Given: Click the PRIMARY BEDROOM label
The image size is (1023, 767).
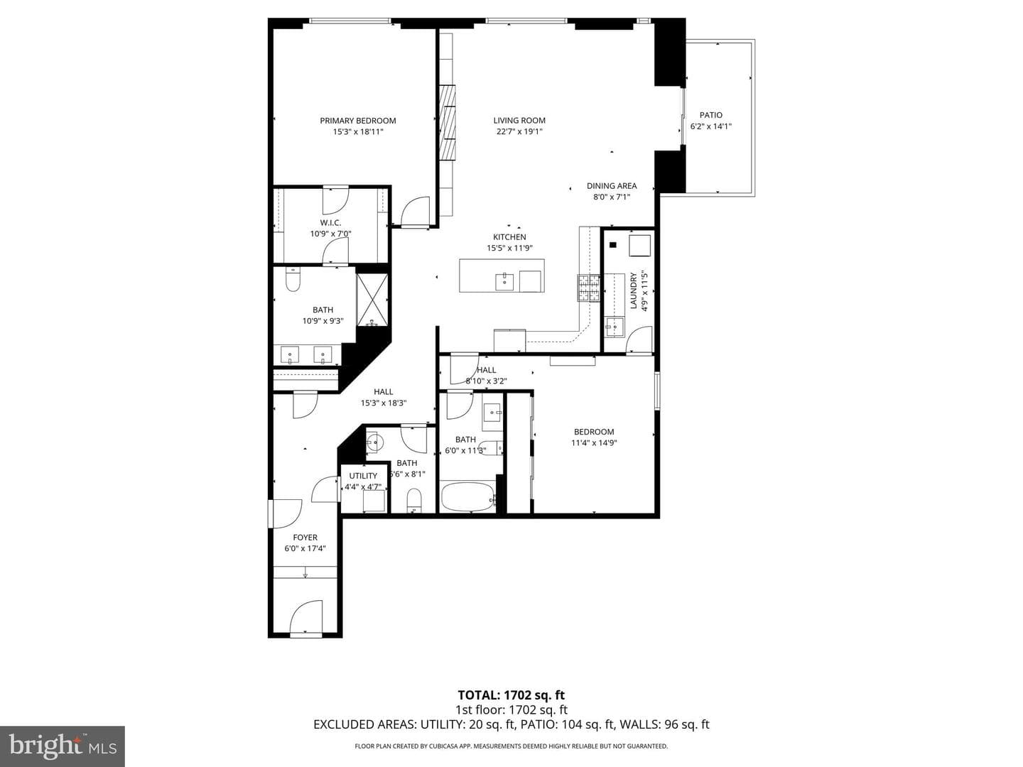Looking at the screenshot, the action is [x=357, y=121].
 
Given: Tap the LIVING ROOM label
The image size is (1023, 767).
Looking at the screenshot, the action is [x=519, y=120].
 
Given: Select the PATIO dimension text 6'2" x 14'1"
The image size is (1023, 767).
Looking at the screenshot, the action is [x=710, y=126].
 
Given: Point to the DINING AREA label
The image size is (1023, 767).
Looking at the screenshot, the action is [x=612, y=186].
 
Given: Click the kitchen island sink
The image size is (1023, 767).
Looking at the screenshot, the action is [x=504, y=281].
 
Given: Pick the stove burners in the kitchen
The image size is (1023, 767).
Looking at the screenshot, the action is [x=589, y=288].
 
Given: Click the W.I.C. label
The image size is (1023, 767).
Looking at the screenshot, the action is [x=330, y=222].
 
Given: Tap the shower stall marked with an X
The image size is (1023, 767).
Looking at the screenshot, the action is [x=372, y=300].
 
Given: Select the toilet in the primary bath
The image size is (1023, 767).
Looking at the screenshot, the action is [x=293, y=278].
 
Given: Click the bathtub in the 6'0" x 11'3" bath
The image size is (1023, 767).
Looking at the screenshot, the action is [x=467, y=497].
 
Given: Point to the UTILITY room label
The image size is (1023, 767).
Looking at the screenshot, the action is [x=363, y=476].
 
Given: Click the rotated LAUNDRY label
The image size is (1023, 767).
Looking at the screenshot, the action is [x=634, y=290].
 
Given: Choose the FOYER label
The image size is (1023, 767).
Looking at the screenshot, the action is [x=305, y=538].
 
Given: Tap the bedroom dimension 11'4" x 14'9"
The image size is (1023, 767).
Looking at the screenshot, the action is [x=594, y=443].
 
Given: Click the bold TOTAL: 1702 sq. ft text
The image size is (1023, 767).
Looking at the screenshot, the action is [x=511, y=695].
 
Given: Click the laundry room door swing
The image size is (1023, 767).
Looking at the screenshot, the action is [x=639, y=339].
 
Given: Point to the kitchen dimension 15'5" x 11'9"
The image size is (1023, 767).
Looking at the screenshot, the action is [x=509, y=249].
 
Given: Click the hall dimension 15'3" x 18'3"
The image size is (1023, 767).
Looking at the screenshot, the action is [x=383, y=403].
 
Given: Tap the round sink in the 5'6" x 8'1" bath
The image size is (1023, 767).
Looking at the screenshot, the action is [x=374, y=442].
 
